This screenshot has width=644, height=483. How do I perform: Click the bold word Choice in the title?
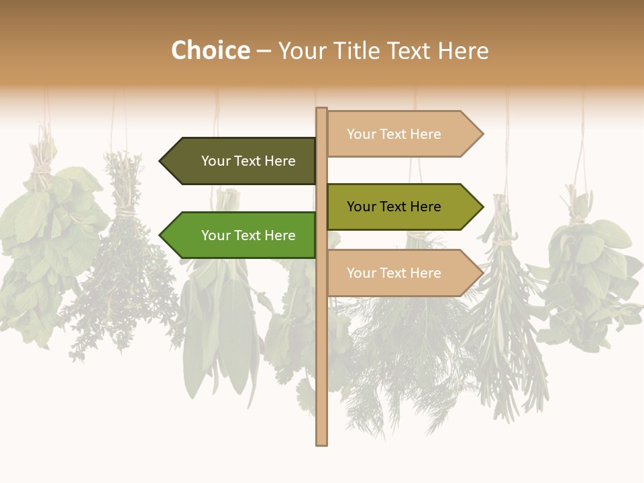coord(211,50)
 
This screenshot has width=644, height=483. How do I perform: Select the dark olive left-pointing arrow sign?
coord(241,161)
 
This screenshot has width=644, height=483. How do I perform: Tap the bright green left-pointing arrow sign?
coord(241,235)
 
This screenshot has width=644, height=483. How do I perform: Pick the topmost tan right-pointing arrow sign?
coord(400,134)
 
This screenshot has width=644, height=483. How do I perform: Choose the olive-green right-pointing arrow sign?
coord(400,207)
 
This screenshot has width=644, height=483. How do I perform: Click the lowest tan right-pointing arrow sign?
coord(400,273)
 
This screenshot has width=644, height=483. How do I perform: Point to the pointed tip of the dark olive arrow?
coord(161,161)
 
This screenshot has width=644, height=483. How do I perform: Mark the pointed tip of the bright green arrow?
coord(161,235)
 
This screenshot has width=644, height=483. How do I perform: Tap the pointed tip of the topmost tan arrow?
coord(482,134)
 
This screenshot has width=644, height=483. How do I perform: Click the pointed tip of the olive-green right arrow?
coord(482,207)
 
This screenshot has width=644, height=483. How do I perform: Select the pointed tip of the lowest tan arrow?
coord(482,273)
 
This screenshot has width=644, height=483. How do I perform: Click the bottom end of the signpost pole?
coord(321,443)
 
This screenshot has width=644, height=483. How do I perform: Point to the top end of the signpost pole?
coord(321,109)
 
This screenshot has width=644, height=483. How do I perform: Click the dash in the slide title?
coord(264,51)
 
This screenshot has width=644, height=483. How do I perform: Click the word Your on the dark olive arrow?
coord(216,161)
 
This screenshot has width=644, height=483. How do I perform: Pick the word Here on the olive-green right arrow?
coord(425,207)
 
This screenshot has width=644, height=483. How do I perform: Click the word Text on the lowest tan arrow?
coord(394,273)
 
